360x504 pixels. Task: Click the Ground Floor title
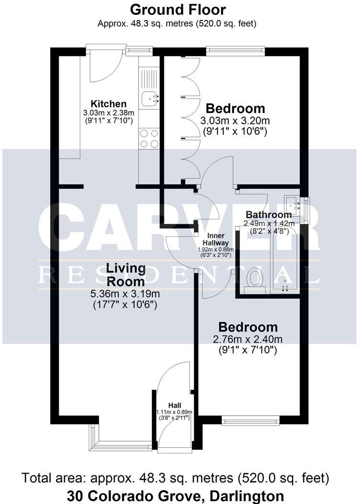point(178,10)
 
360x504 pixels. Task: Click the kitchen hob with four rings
point(149,138)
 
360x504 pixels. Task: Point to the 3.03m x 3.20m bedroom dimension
point(234,121)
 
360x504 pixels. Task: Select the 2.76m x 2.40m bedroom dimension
point(248,340)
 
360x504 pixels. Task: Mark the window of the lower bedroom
point(251,420)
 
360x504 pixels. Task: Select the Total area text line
point(176,477)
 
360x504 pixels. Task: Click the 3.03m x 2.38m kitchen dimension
point(109,113)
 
